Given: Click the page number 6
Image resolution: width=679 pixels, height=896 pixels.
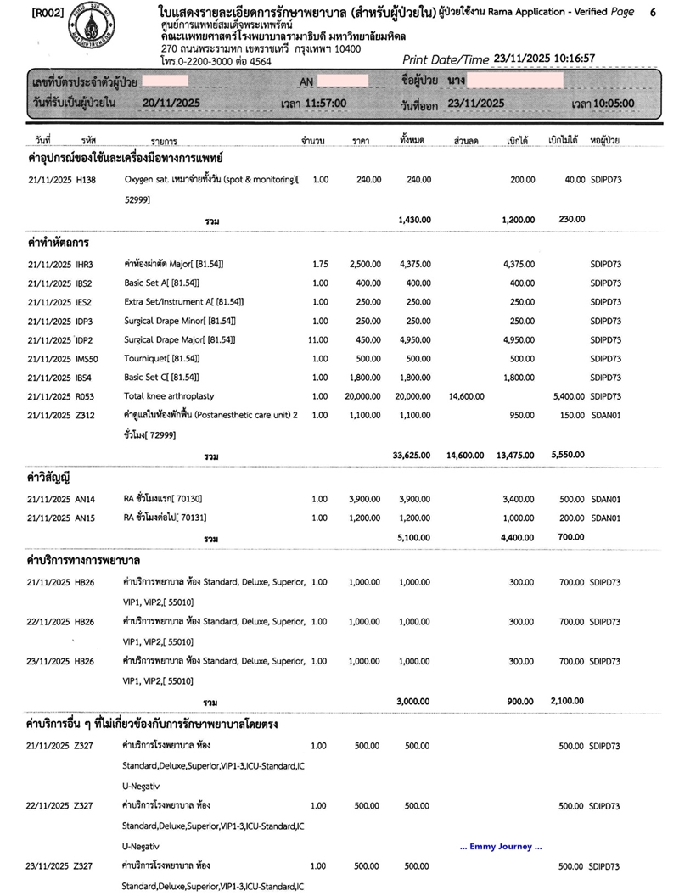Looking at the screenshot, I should point(652,13).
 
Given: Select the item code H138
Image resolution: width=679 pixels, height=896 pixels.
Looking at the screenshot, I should point(85,180).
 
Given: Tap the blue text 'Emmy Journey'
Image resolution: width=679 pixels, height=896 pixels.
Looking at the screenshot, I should point(500,847).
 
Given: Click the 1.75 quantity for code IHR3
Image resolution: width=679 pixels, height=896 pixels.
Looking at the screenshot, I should point(320,264).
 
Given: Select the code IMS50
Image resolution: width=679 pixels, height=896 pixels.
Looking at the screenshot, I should point(87,359).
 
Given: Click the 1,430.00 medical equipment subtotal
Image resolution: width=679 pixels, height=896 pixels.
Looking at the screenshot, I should point(415,220).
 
